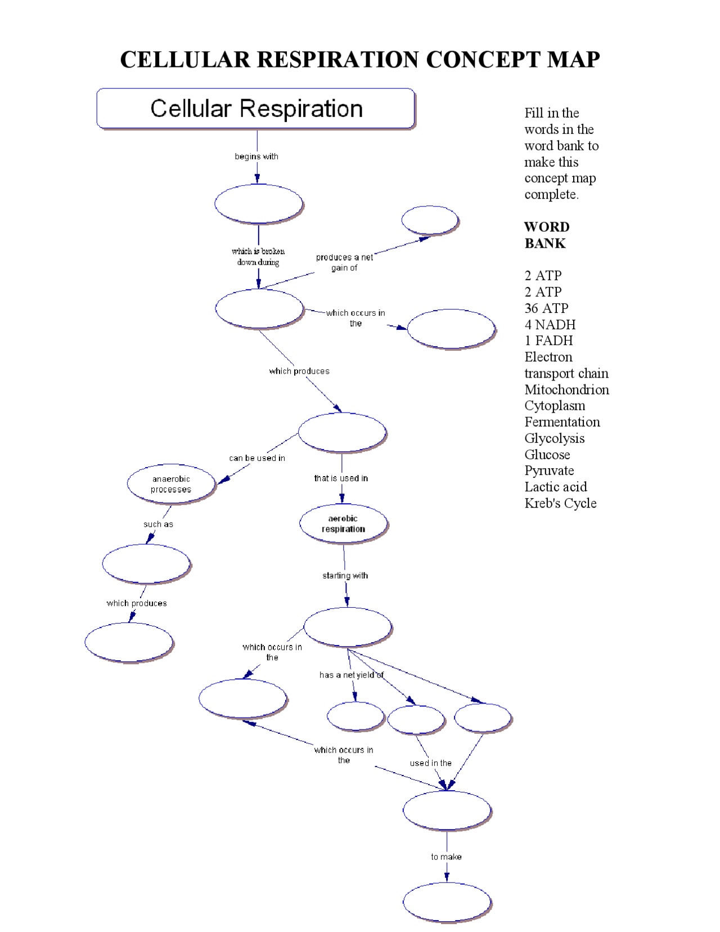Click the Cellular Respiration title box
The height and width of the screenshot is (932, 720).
pyautogui.click(x=256, y=109)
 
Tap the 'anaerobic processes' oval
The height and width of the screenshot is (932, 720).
pyautogui.click(x=171, y=484)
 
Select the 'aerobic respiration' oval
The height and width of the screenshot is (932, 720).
pyautogui.click(x=343, y=523)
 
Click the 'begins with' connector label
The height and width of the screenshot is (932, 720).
pyautogui.click(x=256, y=156)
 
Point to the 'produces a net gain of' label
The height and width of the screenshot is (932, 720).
pyautogui.click(x=344, y=262)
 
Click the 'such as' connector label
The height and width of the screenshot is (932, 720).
pyautogui.click(x=158, y=524)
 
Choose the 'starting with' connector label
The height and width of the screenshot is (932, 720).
pyautogui.click(x=345, y=575)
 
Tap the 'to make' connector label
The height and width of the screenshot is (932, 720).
pyautogui.click(x=446, y=857)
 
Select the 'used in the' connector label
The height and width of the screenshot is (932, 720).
pyautogui.click(x=430, y=763)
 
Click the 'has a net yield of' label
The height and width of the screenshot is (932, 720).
pyautogui.click(x=352, y=675)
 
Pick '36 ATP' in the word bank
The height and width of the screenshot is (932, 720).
pyautogui.click(x=546, y=308)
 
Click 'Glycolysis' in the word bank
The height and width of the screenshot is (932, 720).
pyautogui.click(x=554, y=438)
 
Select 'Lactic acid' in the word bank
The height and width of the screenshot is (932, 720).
pyautogui.click(x=555, y=487)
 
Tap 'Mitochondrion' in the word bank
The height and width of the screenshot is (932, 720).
pyautogui.click(x=566, y=389)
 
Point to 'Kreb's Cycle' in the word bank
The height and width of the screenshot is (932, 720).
pyautogui.click(x=560, y=503)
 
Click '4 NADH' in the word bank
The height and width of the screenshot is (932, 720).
pyautogui.click(x=550, y=325)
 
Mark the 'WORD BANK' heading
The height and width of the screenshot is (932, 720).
pyautogui.click(x=546, y=235)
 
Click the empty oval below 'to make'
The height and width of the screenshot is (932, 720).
pyautogui.click(x=447, y=902)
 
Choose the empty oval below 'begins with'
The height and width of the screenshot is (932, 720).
pyautogui.click(x=259, y=204)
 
